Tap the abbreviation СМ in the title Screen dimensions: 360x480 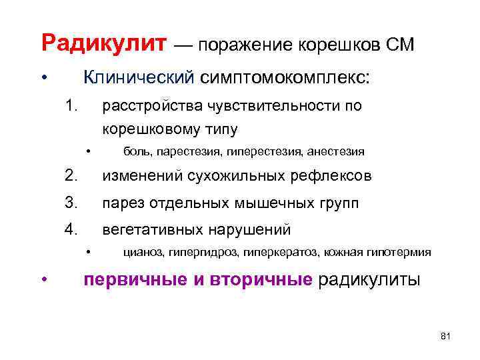[399, 45]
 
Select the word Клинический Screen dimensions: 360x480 [137, 78]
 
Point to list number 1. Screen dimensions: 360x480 [71, 105]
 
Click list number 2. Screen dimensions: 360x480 [71, 175]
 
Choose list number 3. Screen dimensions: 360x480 [71, 203]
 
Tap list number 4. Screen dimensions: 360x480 [71, 229]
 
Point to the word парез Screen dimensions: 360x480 [121, 203]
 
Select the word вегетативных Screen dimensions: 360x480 [153, 230]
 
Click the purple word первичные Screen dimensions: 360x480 [130, 279]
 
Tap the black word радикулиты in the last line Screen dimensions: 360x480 [369, 279]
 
